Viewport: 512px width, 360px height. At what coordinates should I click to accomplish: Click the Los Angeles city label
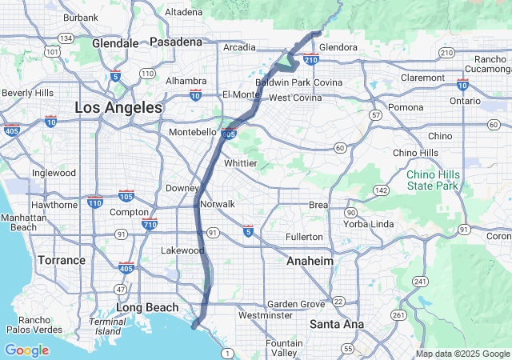(x=118, y=106)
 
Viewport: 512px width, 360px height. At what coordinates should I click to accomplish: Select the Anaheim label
(x=310, y=261)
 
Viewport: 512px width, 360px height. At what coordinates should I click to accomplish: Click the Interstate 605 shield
(x=230, y=134)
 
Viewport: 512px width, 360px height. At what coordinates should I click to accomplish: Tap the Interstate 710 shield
(x=150, y=224)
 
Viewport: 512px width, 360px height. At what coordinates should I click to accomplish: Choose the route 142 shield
(x=382, y=190)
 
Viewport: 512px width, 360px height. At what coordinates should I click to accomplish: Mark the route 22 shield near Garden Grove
(x=339, y=302)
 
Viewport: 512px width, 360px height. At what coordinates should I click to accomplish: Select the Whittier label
(x=240, y=162)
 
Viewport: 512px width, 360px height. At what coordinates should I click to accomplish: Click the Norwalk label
(x=218, y=204)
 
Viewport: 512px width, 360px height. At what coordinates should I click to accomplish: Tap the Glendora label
(x=338, y=47)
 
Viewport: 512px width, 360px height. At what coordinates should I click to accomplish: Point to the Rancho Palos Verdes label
(x=35, y=326)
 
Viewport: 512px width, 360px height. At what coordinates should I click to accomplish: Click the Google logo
(x=26, y=350)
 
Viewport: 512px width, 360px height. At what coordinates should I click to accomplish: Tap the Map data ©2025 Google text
(x=462, y=354)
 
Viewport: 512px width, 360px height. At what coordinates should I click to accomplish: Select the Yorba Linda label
(x=370, y=224)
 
